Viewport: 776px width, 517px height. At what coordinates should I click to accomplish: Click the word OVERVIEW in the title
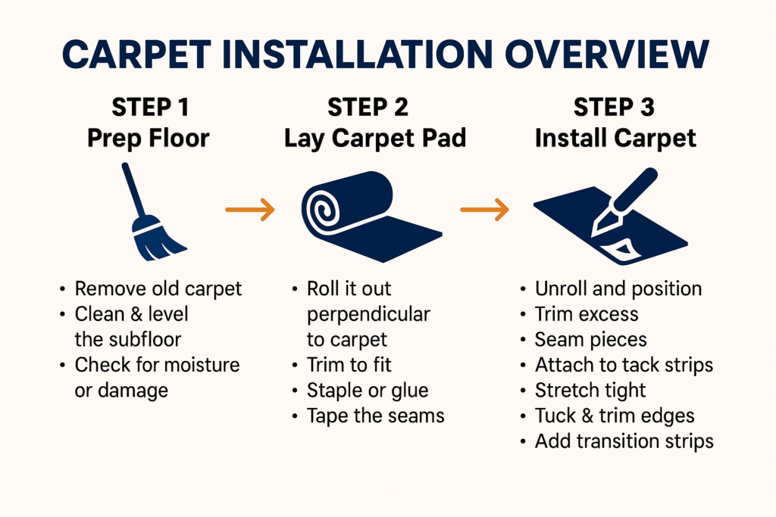coord(607,54)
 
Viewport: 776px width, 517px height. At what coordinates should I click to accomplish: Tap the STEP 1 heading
coord(151,107)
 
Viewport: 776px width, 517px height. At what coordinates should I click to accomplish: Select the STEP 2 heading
coord(368,107)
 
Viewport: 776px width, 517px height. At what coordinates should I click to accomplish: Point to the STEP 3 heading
coord(614,107)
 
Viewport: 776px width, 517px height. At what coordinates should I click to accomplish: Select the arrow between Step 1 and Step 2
coord(250,210)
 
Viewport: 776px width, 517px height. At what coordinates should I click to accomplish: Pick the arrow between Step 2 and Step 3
coord(484,210)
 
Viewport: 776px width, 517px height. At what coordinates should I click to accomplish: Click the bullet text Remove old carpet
coord(158,289)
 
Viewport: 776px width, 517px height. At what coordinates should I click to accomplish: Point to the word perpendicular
coord(369,315)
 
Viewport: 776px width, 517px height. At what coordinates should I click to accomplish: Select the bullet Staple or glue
coord(368,391)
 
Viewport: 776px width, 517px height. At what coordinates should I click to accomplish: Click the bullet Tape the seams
coord(376,416)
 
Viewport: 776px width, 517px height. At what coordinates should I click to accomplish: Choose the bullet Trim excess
coord(587,314)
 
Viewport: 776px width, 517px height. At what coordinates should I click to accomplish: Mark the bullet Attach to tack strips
coord(624,365)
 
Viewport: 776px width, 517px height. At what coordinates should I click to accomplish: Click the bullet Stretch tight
coord(590,391)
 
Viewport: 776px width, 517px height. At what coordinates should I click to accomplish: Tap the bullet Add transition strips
coord(624,441)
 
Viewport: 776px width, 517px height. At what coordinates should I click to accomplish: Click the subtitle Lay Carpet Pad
coord(375,139)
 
